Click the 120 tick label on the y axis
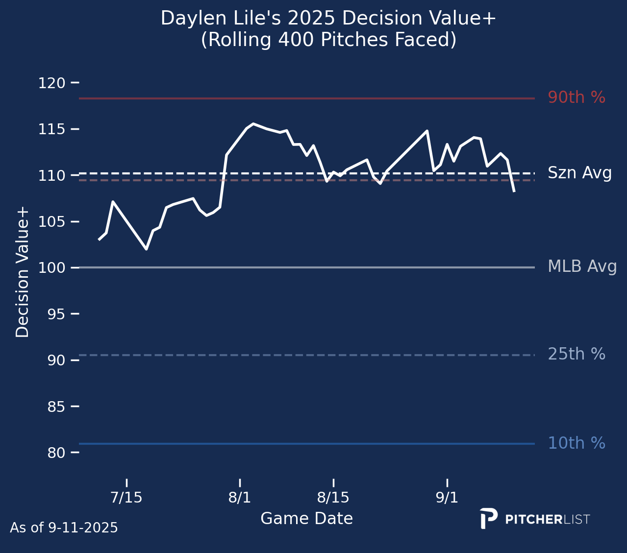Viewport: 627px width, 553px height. tap(51, 83)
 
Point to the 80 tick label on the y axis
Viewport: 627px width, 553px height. tap(56, 453)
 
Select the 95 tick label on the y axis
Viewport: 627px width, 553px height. tap(56, 314)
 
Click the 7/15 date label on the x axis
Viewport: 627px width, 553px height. tap(126, 498)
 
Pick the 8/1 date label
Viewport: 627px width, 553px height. tap(240, 498)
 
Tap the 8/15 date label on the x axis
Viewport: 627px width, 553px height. tap(333, 498)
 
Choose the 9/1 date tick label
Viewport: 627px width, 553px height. tap(447, 498)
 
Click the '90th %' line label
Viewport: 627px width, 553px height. tap(576, 98)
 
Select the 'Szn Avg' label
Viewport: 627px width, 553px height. tap(579, 173)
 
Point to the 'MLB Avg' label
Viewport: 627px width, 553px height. tap(582, 267)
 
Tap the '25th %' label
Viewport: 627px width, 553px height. tap(576, 354)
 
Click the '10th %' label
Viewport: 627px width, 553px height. tap(576, 443)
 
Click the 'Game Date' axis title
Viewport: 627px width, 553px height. tap(306, 519)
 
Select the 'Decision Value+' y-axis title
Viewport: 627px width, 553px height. tap(23, 272)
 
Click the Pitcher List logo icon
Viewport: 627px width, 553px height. tap(488, 518)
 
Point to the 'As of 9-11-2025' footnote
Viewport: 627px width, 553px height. tap(64, 528)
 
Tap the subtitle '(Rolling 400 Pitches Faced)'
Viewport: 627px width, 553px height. tap(328, 40)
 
